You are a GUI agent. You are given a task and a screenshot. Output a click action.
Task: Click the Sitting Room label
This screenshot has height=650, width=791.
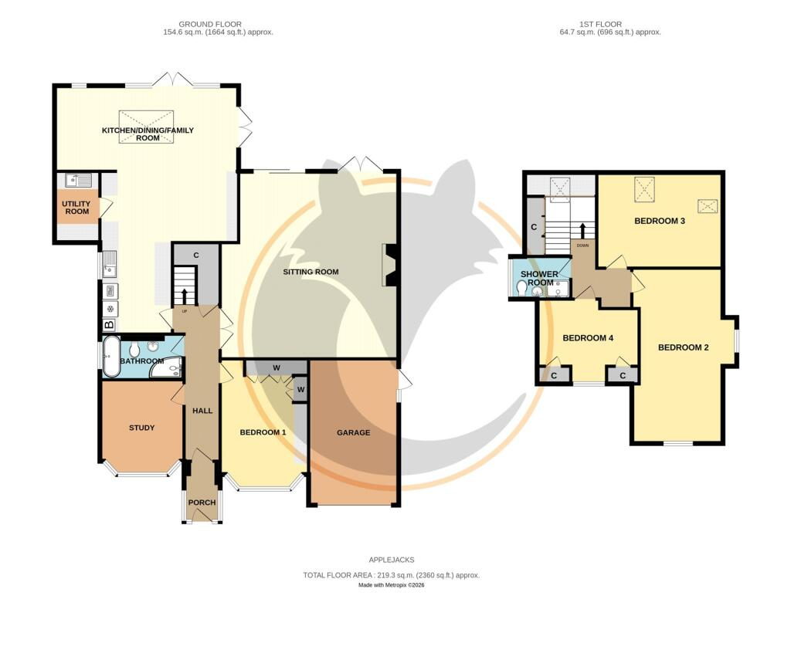click(x=311, y=272)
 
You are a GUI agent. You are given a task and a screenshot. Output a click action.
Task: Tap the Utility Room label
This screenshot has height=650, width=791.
click(x=76, y=207)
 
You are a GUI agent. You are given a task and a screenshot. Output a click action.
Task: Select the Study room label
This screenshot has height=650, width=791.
click(x=142, y=428)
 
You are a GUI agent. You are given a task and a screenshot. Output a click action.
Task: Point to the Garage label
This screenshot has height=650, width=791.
click(x=353, y=432)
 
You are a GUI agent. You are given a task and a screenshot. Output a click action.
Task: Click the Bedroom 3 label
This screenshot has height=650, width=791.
click(x=660, y=221)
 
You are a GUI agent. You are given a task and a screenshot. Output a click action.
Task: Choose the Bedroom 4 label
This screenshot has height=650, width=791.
click(x=588, y=338)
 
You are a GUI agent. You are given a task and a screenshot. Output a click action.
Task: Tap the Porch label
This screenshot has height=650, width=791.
click(x=202, y=503)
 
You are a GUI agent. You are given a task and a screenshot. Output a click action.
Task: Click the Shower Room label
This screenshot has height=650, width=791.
click(x=539, y=279)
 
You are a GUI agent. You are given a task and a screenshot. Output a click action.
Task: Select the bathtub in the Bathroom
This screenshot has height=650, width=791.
click(x=111, y=357)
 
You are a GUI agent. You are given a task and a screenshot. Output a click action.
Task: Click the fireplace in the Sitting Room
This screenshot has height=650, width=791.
click(x=390, y=265)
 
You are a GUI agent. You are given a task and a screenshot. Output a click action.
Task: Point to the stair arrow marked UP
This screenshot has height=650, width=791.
click(x=184, y=297)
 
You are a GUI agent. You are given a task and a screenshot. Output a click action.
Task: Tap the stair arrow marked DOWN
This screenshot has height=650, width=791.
click(x=583, y=231)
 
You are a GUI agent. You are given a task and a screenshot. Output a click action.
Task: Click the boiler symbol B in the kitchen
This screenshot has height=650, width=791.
click(x=109, y=325)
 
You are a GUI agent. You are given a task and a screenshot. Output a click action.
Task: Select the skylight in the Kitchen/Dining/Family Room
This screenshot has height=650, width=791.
click(x=148, y=127)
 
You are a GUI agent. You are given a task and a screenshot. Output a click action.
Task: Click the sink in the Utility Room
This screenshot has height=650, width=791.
click(x=77, y=180)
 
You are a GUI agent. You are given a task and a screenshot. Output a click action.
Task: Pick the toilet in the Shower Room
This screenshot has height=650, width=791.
click(x=522, y=287)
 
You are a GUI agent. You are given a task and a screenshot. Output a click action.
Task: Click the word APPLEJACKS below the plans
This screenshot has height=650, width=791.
click(x=392, y=560)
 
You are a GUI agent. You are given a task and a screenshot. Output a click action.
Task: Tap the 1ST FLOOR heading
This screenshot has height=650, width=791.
click(x=600, y=24)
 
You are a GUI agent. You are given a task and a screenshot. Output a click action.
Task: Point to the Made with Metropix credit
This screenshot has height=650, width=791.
click(x=392, y=585)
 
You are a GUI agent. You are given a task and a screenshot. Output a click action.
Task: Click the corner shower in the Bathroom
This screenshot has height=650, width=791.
click(x=168, y=367)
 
